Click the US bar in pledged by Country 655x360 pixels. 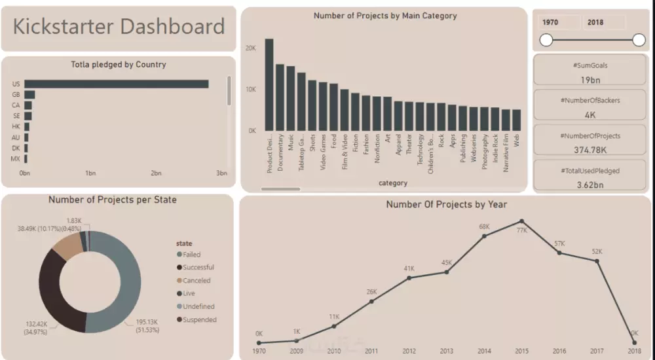click(117, 84)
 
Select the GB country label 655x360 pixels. click(16, 94)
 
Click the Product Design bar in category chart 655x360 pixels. click(269, 84)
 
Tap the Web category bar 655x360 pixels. click(516, 120)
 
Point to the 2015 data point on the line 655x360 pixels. click(521, 221)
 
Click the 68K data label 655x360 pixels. click(484, 226)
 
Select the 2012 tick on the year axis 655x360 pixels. click(409, 351)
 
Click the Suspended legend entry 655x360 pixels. click(199, 320)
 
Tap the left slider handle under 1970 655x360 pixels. click(546, 41)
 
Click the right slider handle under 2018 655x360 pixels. click(639, 41)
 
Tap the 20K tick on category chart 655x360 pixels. click(250, 48)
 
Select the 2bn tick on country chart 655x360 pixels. click(156, 173)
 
